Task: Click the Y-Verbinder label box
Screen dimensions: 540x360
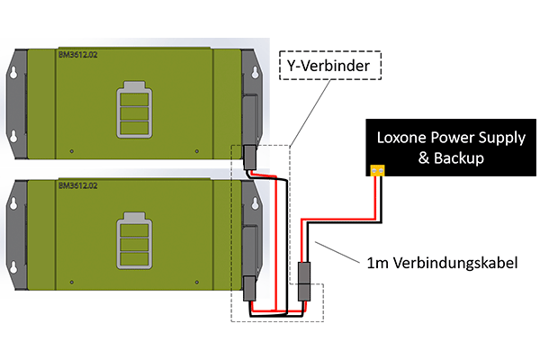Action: (x=330, y=66)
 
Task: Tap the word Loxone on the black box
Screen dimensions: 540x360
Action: (x=401, y=138)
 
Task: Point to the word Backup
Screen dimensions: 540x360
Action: (x=458, y=158)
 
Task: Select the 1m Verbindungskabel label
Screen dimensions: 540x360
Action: (x=442, y=263)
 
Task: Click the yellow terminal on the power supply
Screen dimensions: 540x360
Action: (x=377, y=170)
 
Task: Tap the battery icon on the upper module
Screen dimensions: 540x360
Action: (x=134, y=110)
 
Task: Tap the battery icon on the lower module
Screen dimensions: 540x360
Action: (x=134, y=240)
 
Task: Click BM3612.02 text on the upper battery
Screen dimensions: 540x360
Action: (x=77, y=55)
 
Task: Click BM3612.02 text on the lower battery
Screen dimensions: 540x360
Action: (x=77, y=185)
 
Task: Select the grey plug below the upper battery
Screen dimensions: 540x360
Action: (x=249, y=157)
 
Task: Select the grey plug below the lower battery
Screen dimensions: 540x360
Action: (x=249, y=288)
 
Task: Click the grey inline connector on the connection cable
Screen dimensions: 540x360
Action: (x=304, y=282)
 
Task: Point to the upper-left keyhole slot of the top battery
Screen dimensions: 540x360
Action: (x=13, y=73)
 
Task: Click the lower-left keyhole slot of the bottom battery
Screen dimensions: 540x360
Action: (x=13, y=267)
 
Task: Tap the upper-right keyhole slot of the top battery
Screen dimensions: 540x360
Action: (x=256, y=73)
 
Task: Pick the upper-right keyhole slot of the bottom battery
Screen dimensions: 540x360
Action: (x=256, y=203)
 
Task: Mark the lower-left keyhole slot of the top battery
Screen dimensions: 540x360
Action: (x=13, y=137)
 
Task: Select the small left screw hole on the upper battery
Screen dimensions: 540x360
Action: (x=72, y=151)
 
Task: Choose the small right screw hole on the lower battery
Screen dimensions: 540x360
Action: (x=196, y=282)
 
